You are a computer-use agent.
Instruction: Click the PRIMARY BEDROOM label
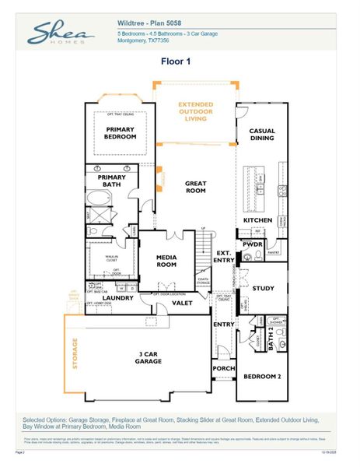point(121,133)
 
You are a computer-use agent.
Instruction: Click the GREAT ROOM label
point(195,187)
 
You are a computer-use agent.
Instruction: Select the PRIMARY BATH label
point(111,181)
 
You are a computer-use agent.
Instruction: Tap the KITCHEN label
point(257,220)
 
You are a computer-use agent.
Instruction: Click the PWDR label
point(253,244)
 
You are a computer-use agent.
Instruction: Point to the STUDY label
point(264,288)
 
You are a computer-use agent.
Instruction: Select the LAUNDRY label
point(117,297)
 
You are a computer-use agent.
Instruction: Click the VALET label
point(183,304)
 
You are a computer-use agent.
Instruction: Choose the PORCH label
point(223,368)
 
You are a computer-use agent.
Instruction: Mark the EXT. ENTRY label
point(223,256)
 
